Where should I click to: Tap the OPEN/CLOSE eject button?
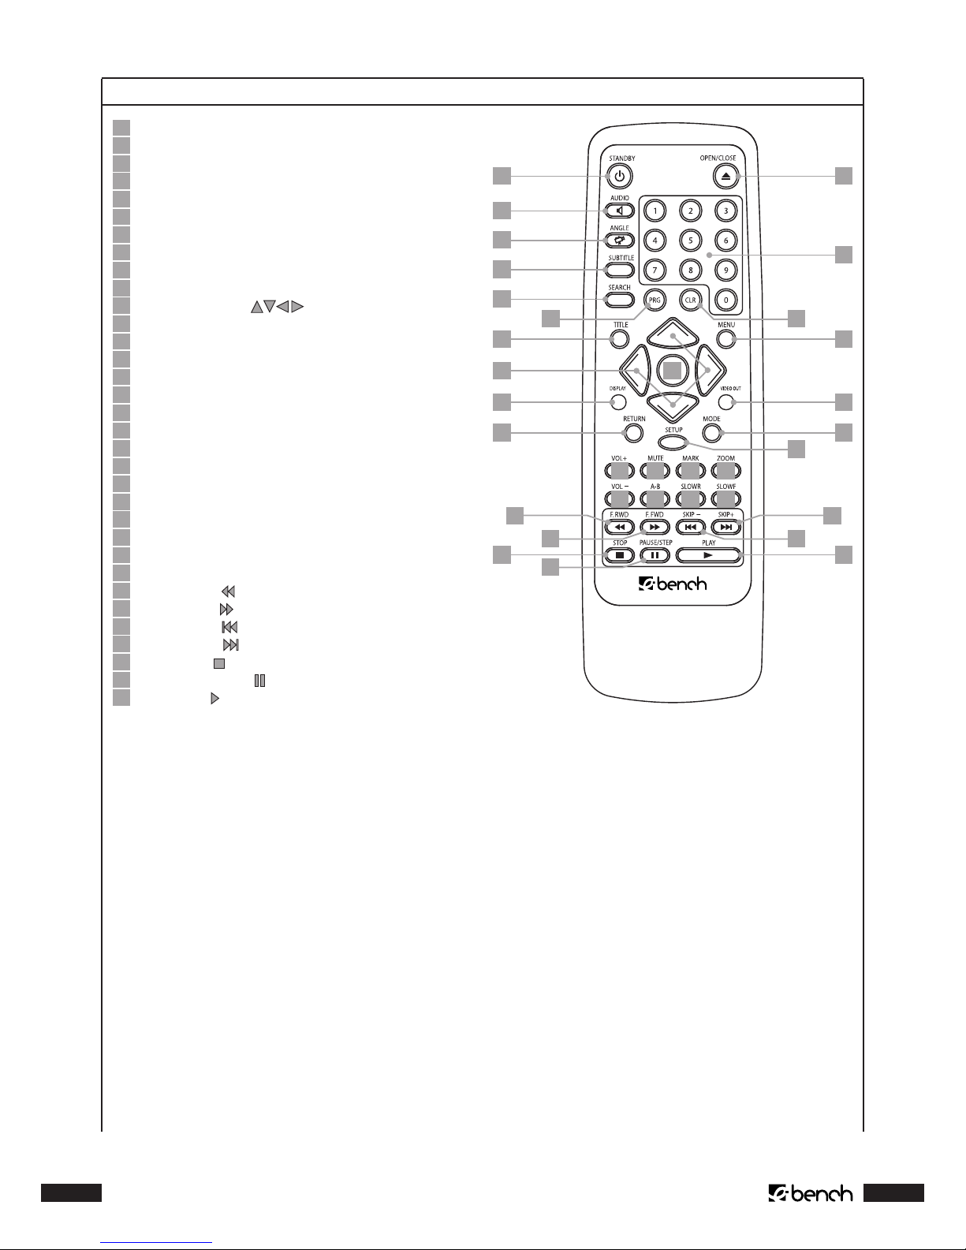point(725,176)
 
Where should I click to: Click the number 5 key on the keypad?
point(691,241)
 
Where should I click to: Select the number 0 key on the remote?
point(725,300)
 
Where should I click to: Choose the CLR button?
point(691,300)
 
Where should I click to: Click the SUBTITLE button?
point(620,270)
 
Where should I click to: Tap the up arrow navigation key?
point(673,333)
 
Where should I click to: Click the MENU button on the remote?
point(726,339)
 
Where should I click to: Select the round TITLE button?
point(619,339)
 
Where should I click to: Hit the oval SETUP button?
point(673,442)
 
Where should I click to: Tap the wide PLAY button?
point(708,556)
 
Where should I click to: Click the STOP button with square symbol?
point(620,556)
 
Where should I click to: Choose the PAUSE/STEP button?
point(655,556)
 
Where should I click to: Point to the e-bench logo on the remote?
point(673,584)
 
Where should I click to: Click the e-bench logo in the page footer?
point(811,1194)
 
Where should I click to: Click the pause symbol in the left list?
point(260,681)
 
